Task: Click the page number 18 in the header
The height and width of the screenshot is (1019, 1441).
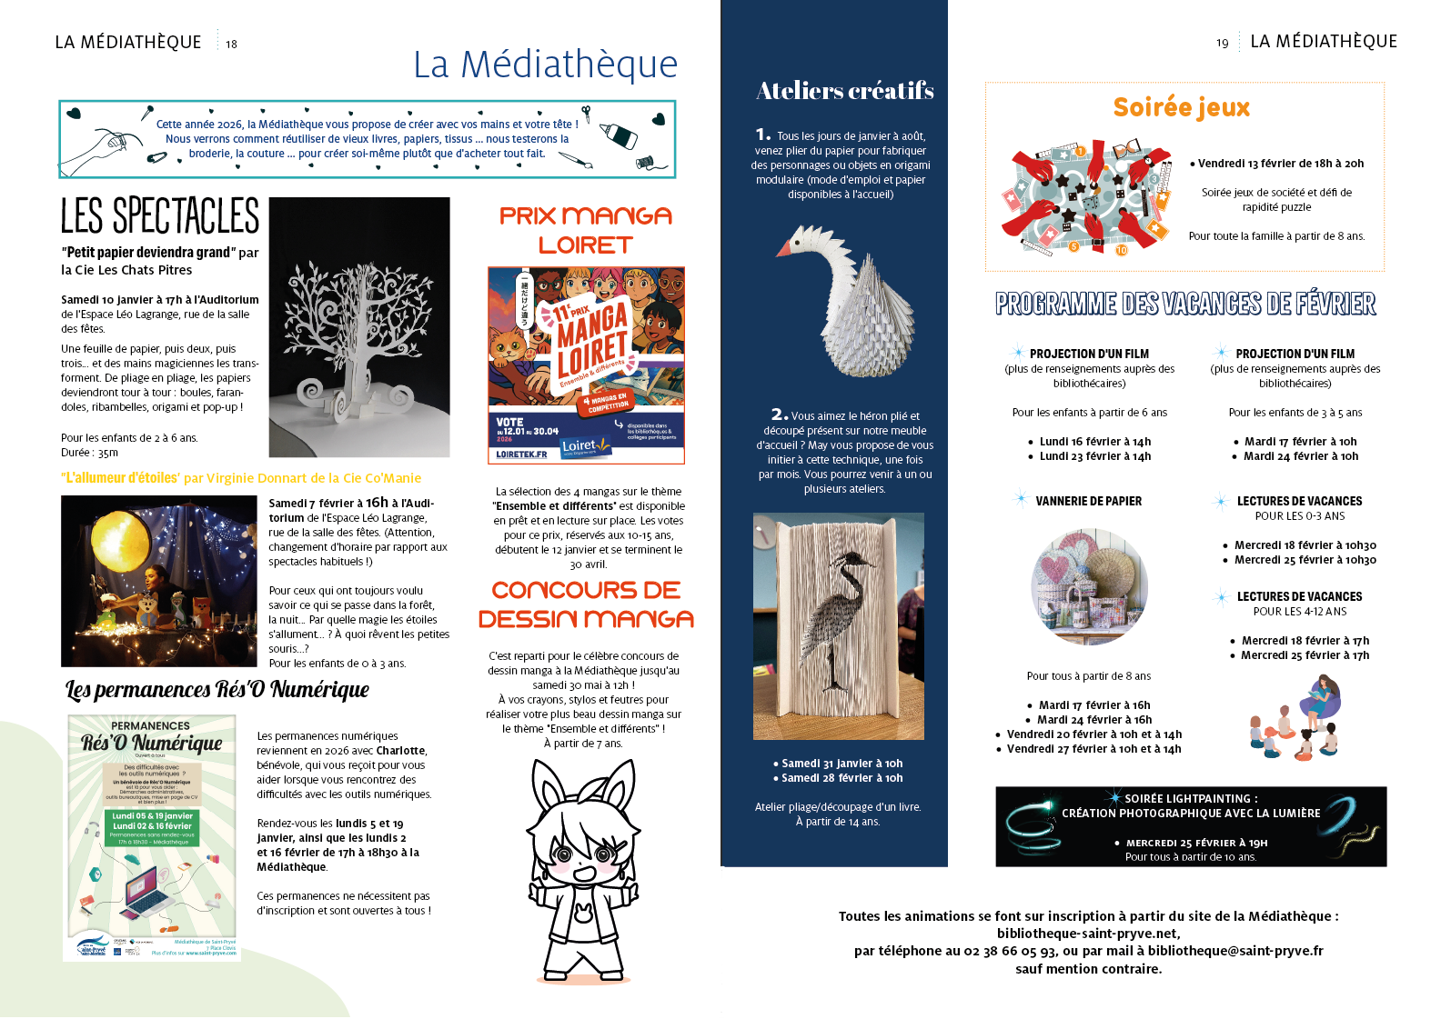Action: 231,44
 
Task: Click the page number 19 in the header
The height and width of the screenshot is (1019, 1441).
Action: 1222,43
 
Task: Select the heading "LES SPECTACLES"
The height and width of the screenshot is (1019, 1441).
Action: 160,216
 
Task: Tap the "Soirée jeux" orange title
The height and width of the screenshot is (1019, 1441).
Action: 1181,107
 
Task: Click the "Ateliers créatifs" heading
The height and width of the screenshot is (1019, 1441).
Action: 844,91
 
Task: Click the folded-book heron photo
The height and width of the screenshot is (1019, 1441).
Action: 838,625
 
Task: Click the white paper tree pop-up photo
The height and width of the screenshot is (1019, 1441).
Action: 359,327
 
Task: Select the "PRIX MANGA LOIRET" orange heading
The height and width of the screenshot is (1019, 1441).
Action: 585,230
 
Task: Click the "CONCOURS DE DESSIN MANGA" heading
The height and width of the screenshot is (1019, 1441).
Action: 586,604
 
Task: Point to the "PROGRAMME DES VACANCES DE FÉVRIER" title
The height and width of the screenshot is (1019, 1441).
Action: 1184,304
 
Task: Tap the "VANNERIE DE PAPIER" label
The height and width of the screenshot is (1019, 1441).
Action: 1088,501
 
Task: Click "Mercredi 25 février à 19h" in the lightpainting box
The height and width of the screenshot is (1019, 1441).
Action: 1196,843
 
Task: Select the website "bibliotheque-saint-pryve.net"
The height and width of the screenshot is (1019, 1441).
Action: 1088,934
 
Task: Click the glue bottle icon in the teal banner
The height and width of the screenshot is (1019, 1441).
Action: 619,136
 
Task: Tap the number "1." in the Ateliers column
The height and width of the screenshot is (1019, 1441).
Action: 762,135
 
